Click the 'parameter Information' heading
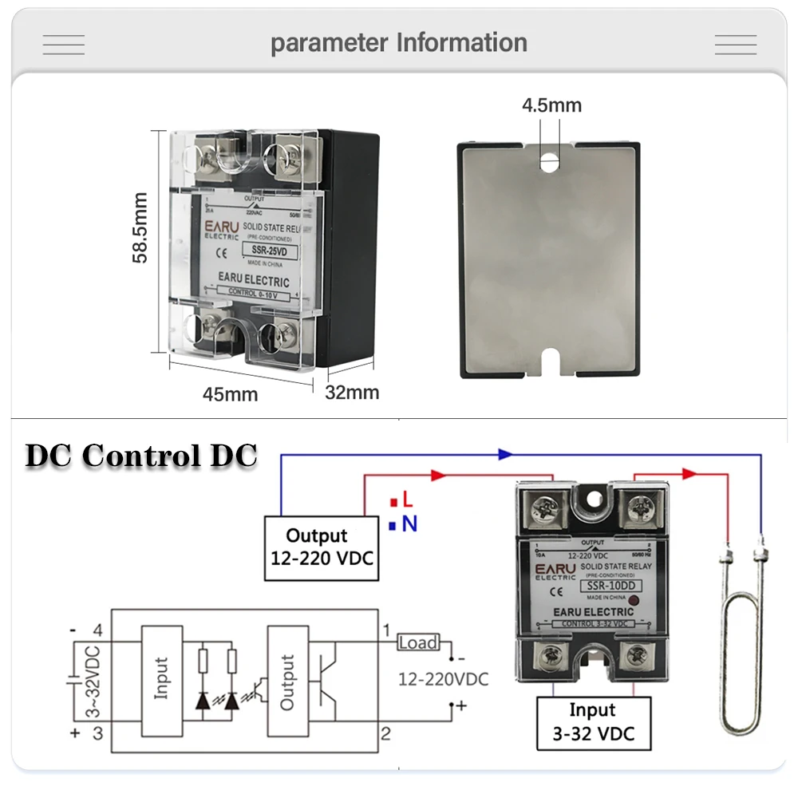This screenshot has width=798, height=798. point(399,42)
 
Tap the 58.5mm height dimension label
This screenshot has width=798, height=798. point(141,227)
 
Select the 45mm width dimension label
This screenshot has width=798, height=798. point(230,394)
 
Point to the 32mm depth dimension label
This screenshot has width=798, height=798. point(352,393)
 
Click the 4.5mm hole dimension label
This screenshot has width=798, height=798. point(551,105)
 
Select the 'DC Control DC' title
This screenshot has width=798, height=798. point(141,456)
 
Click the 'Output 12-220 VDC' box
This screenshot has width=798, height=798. point(322,547)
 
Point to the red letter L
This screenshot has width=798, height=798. point(407,500)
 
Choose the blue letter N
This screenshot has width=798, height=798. point(409,524)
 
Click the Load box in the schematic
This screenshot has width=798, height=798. point(418,642)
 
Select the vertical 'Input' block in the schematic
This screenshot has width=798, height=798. point(163,679)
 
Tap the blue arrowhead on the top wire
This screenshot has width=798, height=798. point(504,454)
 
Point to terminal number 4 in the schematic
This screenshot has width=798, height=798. point(97,630)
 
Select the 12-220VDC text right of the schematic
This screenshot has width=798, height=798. point(443,679)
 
